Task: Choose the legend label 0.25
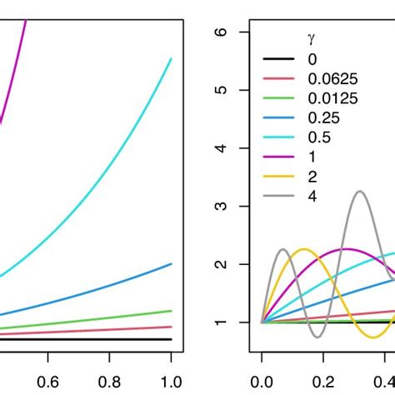tap(321, 118)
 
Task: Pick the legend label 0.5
tap(317, 137)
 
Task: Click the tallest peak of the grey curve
tap(359, 192)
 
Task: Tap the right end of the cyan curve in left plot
tap(171, 59)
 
